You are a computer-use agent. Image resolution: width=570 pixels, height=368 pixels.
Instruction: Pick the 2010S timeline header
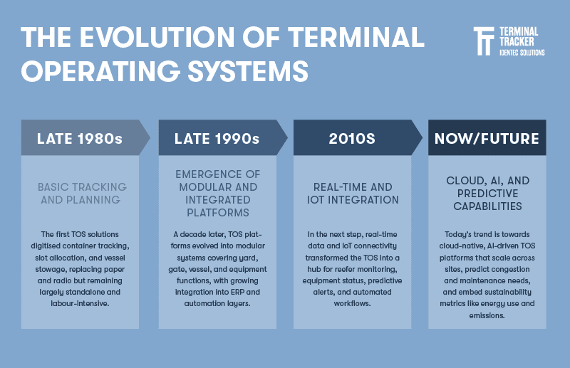coord(352,138)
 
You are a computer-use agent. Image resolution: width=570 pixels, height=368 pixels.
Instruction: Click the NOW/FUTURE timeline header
coord(487,138)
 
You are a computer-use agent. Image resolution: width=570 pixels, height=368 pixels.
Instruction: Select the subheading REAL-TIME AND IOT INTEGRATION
coord(352,193)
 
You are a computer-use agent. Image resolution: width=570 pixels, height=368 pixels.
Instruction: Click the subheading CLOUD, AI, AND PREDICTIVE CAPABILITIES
coord(487,193)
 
